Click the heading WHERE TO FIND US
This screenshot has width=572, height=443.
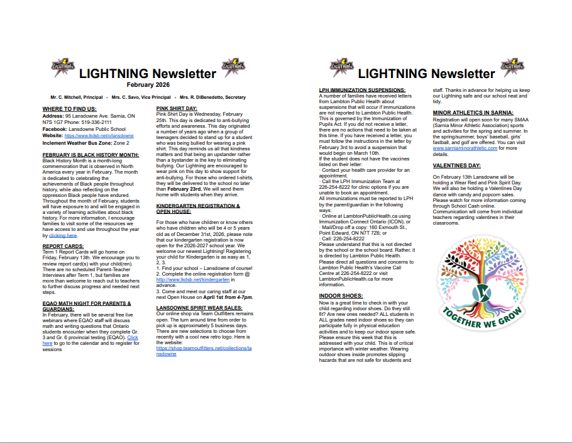coord(69,109)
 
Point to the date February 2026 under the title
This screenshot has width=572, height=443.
coord(148,84)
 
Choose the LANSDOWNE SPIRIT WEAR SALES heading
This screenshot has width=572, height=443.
coord(199,308)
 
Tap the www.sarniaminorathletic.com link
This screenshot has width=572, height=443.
coord(465,148)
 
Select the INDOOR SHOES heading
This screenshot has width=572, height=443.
coord(340,295)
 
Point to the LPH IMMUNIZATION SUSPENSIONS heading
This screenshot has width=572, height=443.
coord(362,91)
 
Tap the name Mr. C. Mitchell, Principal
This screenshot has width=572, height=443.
coord(77,98)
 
